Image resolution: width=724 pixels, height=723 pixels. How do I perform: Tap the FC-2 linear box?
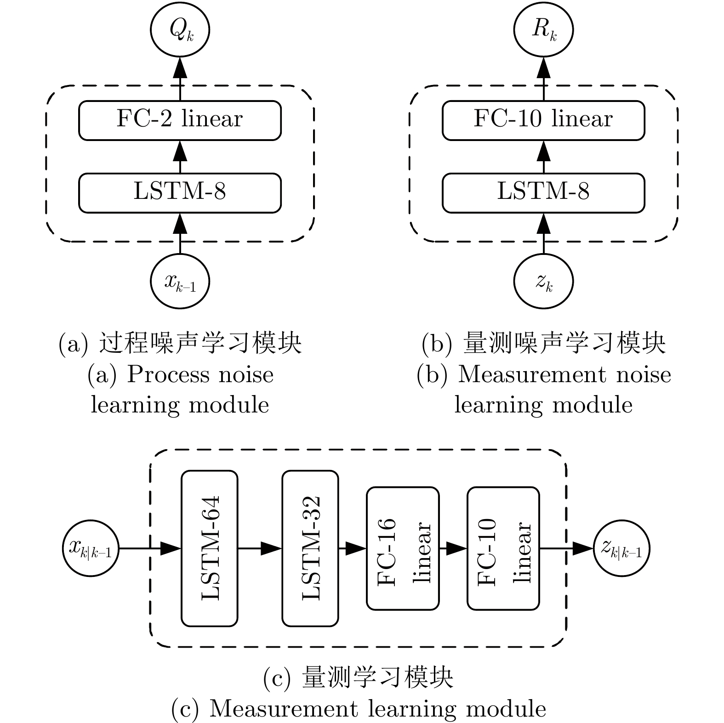tap(180, 120)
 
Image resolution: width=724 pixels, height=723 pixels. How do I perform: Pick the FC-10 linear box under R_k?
tap(543, 120)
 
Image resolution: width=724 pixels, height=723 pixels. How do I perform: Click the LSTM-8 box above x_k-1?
tap(180, 193)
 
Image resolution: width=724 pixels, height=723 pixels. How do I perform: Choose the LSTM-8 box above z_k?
tap(543, 193)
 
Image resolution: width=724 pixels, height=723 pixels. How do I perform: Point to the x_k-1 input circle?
tap(180, 282)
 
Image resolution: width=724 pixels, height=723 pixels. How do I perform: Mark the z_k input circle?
tap(543, 282)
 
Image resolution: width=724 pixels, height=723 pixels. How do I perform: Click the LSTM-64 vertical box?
tap(210, 548)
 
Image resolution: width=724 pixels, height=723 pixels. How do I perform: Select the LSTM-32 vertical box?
tap(310, 548)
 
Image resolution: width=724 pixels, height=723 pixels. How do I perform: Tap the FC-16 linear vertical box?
tap(403, 548)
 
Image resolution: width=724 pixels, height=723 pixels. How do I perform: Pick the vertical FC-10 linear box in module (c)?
tap(503, 548)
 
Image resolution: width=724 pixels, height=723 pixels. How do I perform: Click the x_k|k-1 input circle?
tap(91, 548)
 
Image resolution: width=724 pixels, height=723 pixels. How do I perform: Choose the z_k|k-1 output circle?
tap(622, 548)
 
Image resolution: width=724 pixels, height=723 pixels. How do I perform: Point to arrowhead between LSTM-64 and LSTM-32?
tap(271, 548)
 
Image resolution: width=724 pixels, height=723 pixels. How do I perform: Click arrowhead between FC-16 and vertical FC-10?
tap(456, 548)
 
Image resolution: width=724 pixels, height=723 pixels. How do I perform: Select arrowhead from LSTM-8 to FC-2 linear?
tap(180, 150)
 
